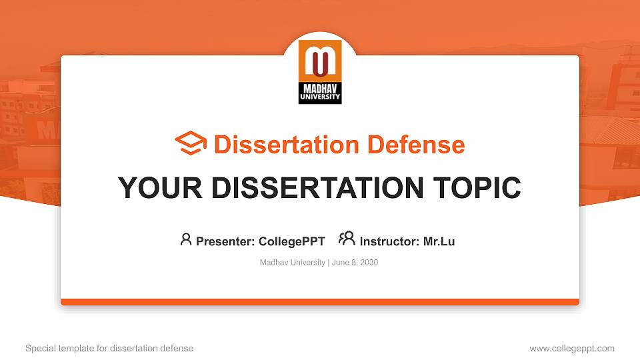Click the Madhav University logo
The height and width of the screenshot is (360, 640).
[x=320, y=72]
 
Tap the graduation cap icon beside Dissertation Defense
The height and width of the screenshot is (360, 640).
[x=191, y=144]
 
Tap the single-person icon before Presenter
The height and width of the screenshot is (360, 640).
[x=186, y=239]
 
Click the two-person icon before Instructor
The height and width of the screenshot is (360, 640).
[x=347, y=239]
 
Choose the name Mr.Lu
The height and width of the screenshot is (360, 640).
[x=439, y=241]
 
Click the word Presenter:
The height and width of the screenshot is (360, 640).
[x=225, y=241]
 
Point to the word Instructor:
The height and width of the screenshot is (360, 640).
[x=389, y=241]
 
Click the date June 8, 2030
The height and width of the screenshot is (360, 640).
[x=355, y=263]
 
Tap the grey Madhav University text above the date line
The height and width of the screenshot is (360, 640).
[x=292, y=263]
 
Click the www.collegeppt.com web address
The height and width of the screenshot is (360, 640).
[x=572, y=348]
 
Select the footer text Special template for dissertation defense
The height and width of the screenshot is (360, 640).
[x=109, y=348]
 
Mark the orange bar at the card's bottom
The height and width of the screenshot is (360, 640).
[x=320, y=302]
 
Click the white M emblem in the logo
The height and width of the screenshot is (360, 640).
[x=320, y=61]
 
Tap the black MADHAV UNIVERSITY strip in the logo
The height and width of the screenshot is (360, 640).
[x=320, y=93]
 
